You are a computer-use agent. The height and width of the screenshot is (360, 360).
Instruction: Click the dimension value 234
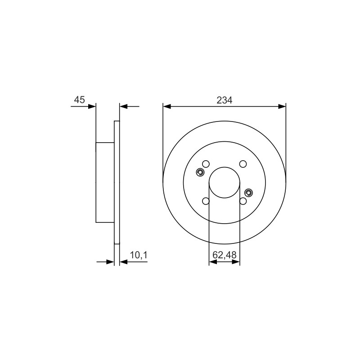click(x=224, y=100)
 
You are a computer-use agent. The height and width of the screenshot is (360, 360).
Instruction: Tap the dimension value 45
click(x=80, y=100)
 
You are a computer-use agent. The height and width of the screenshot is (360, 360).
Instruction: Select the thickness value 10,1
click(x=139, y=255)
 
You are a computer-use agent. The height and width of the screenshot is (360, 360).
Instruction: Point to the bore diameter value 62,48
click(x=224, y=255)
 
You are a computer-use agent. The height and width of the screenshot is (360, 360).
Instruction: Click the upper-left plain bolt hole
click(x=206, y=164)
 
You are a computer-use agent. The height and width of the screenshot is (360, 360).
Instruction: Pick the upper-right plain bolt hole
click(x=243, y=164)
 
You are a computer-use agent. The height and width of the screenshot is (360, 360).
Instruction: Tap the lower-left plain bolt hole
click(x=206, y=201)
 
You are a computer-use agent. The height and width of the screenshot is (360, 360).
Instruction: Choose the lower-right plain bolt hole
click(x=243, y=201)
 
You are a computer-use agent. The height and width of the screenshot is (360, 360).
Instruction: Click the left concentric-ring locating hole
click(x=200, y=172)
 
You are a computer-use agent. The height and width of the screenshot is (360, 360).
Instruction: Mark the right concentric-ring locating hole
click(x=249, y=193)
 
